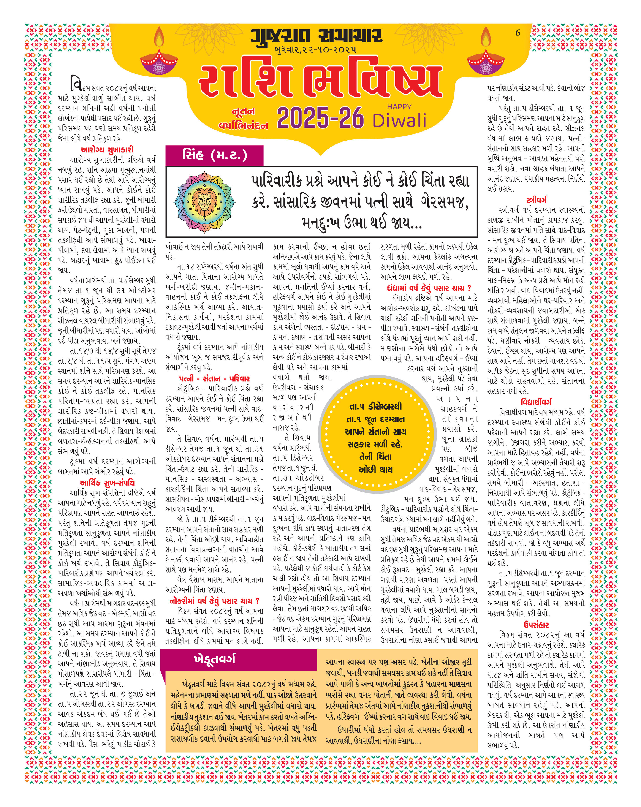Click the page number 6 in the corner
click(518, 33)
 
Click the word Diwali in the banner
click(399, 120)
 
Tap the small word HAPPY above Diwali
click(399, 107)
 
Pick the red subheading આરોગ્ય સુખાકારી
click(107, 150)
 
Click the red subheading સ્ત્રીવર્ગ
click(536, 200)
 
